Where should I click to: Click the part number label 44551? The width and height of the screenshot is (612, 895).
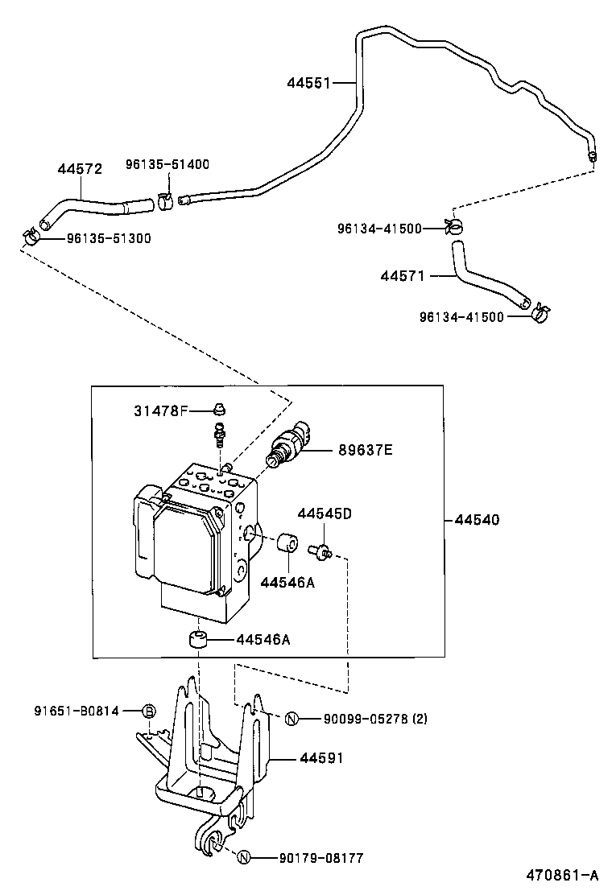click(308, 82)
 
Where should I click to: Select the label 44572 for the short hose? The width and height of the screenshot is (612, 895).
click(80, 169)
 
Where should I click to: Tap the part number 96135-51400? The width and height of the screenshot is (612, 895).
click(167, 164)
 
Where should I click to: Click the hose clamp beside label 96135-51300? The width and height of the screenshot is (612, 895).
click(31, 237)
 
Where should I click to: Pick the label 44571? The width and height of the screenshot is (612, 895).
click(403, 276)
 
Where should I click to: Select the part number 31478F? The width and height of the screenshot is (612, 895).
click(160, 410)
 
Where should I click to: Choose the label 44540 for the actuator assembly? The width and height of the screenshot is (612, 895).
click(477, 520)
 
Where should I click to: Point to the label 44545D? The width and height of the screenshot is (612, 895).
click(325, 513)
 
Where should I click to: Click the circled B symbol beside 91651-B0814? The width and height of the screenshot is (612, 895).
click(148, 711)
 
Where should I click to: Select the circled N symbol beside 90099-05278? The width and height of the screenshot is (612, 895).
click(292, 719)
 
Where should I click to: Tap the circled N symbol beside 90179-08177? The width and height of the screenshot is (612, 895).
click(245, 859)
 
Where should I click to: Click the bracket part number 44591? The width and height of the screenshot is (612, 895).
click(321, 758)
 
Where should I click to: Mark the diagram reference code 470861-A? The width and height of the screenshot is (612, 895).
click(563, 875)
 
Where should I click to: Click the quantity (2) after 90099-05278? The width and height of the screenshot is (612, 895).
click(420, 719)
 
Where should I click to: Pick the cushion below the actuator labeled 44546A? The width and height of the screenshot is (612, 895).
click(200, 641)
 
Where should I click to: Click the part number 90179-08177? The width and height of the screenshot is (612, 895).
click(308, 859)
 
